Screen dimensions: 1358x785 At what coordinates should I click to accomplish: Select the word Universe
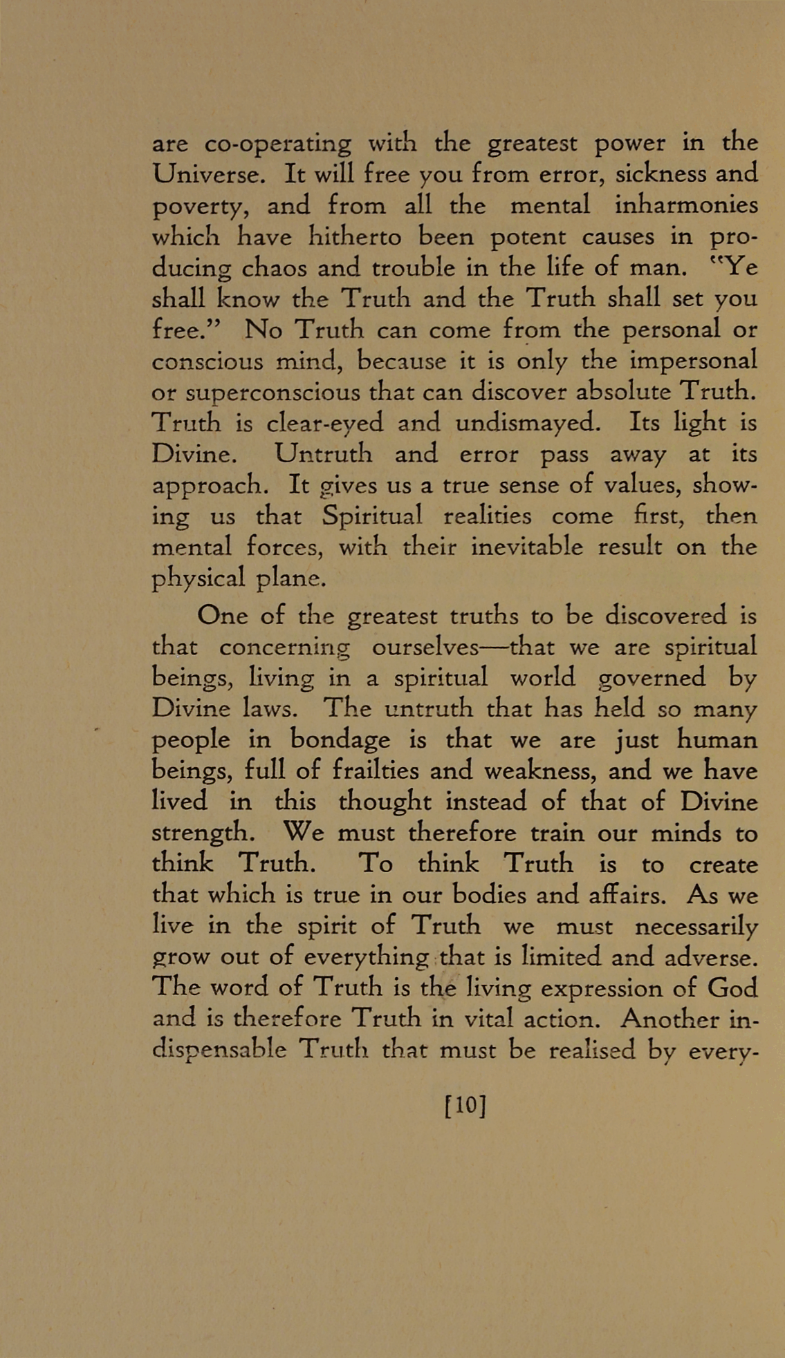[x=208, y=173]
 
